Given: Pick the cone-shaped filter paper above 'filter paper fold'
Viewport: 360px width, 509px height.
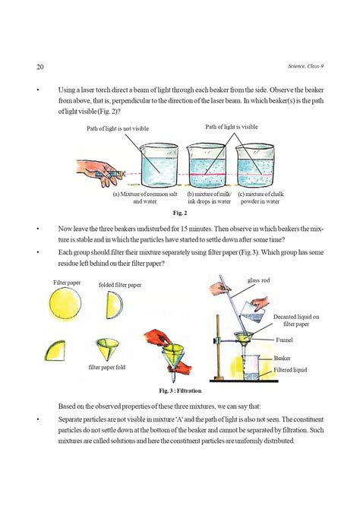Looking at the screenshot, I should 109,349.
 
